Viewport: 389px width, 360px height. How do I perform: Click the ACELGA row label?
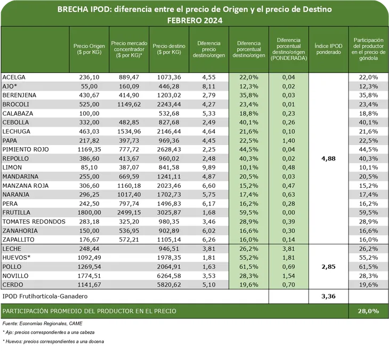coord(14,77)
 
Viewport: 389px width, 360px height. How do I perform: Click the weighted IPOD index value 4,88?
coord(329,158)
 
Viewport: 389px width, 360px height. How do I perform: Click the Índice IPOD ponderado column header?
coord(329,49)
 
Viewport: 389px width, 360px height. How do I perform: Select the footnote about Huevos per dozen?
coord(53,341)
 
